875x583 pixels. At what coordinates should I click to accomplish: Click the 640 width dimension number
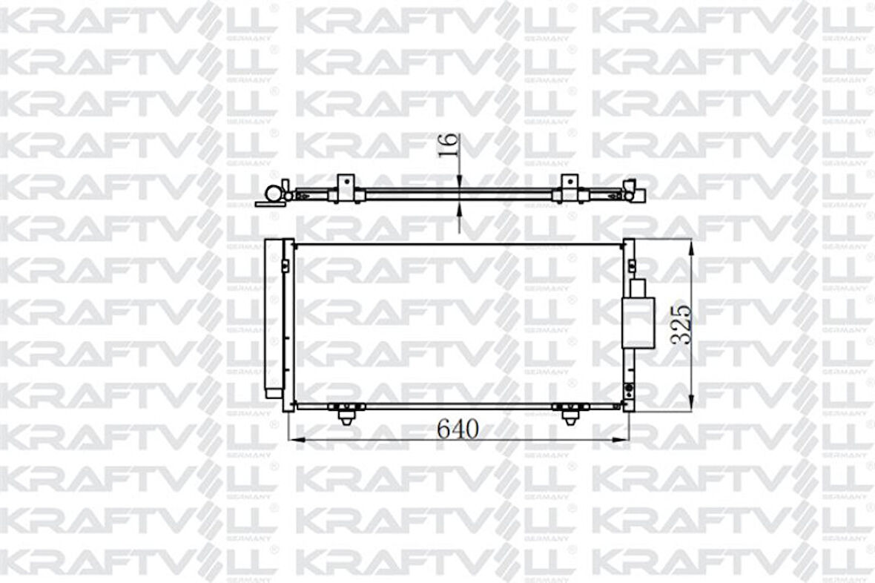click(458, 428)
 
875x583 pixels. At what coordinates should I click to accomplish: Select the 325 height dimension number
click(681, 323)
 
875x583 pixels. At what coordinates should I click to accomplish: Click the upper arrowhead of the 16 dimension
click(459, 181)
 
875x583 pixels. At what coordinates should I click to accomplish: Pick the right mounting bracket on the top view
click(569, 188)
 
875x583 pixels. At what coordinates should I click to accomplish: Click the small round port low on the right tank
click(629, 389)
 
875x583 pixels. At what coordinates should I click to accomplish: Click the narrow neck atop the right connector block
click(637, 288)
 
